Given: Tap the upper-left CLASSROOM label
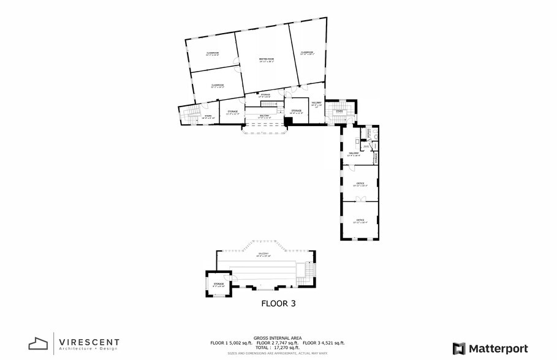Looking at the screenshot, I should point(213,54).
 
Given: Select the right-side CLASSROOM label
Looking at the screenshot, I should point(307,53).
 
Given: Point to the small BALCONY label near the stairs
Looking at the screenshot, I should point(265,116).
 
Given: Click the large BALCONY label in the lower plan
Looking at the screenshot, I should point(263,253).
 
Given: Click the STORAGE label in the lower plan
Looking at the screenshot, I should point(219,285).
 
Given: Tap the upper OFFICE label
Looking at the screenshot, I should point(360,184).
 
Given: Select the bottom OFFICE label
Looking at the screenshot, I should point(360,220).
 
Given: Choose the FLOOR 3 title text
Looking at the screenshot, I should point(279,303).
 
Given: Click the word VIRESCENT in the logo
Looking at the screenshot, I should point(89,342).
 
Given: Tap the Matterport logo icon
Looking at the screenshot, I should point(459,348).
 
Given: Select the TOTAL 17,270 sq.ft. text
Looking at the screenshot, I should point(278,348).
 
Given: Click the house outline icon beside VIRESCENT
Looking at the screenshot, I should point(38,344).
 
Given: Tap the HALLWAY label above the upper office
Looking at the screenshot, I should point(354,154).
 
